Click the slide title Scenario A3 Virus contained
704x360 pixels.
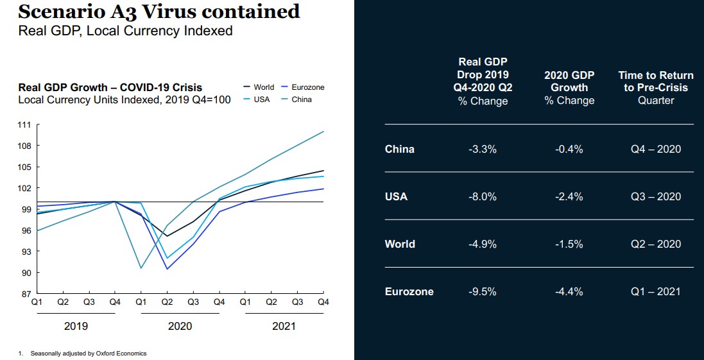click(x=159, y=12)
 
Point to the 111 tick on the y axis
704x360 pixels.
click(x=24, y=125)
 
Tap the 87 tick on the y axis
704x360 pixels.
click(x=24, y=294)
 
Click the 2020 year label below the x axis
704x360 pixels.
click(x=180, y=326)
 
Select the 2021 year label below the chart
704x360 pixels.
click(x=284, y=326)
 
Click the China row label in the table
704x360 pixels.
click(x=400, y=149)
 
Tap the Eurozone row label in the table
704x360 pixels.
click(x=409, y=291)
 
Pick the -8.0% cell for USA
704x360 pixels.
click(x=483, y=196)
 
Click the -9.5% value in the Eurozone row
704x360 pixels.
click(x=483, y=291)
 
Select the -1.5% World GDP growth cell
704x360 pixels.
click(x=569, y=244)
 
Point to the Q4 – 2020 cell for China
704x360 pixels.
click(x=655, y=149)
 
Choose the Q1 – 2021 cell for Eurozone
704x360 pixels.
click(x=655, y=291)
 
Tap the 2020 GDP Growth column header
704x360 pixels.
click(x=569, y=88)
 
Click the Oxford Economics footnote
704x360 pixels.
click(x=86, y=353)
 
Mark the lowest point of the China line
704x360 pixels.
click(x=141, y=268)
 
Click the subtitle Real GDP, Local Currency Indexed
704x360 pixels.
click(x=125, y=31)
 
